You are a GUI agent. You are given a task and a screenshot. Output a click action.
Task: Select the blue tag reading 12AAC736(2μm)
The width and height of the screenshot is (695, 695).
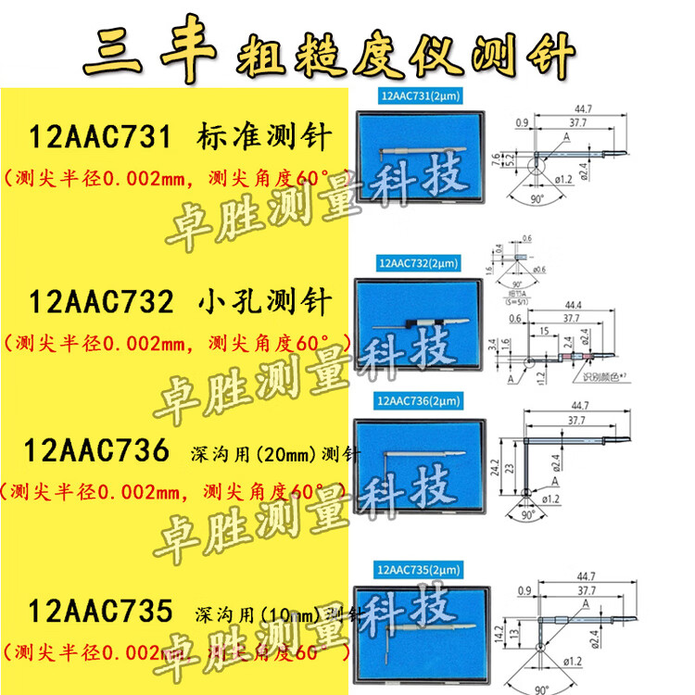(420, 400)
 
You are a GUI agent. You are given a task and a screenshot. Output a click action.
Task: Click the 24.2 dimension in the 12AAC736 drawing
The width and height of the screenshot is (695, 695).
(498, 462)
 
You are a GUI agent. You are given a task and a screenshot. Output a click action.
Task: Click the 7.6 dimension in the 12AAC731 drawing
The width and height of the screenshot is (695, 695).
(496, 158)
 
